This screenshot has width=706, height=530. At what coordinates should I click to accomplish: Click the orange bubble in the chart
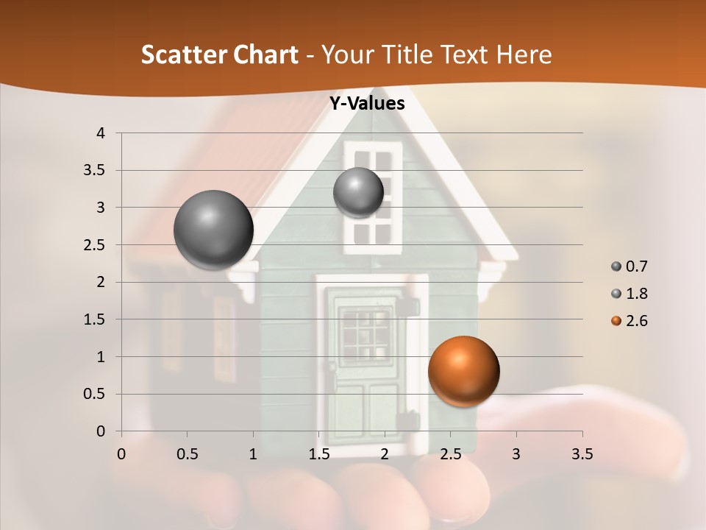tap(463, 371)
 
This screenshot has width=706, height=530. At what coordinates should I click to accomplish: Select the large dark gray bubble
tap(213, 230)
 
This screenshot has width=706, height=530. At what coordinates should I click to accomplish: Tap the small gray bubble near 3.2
tap(358, 192)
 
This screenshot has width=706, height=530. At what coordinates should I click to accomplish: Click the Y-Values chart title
tap(366, 104)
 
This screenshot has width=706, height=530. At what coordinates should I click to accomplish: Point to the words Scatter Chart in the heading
tap(219, 54)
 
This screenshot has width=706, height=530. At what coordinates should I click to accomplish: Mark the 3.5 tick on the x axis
tap(582, 455)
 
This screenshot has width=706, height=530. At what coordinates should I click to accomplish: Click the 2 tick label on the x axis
tap(385, 455)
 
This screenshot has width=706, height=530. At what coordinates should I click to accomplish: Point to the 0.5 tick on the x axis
tap(187, 455)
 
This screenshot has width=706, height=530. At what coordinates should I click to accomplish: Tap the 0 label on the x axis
tap(121, 455)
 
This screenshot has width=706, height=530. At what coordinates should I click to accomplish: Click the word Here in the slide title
tap(524, 54)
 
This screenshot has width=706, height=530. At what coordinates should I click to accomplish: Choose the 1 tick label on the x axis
tap(253, 455)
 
